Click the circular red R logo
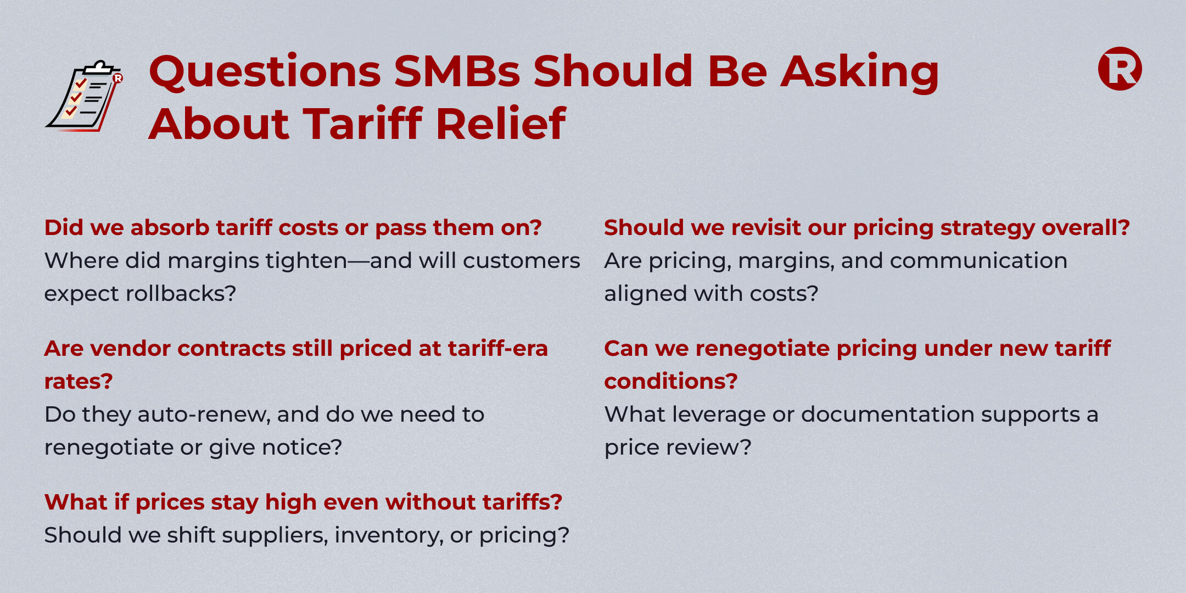tap(1120, 69)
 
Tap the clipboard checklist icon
tap(84, 96)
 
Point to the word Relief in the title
tap(501, 124)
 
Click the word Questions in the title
tap(265, 72)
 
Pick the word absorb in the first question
tap(170, 227)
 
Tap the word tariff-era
tap(498, 348)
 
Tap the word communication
tap(978, 260)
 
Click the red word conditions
tap(670, 381)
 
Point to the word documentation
tap(886, 414)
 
